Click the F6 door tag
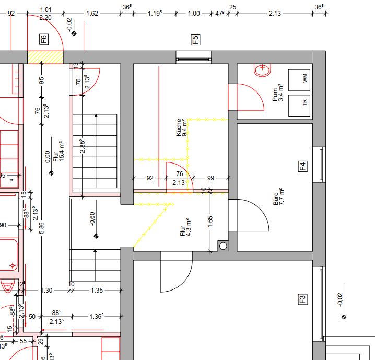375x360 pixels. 44,39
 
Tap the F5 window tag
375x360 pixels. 195,40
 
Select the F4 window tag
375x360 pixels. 302,166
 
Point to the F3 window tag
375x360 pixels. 302,299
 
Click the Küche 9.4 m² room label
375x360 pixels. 182,127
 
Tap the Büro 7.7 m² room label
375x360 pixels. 278,196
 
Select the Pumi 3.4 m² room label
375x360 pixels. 278,92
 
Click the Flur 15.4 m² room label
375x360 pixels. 58,152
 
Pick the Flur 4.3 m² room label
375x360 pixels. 185,227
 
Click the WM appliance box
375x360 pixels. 299,80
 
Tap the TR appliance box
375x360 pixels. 299,106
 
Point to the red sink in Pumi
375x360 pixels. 262,70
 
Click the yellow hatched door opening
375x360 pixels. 45,57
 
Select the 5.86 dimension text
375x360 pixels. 41,228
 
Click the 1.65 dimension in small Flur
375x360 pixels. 210,222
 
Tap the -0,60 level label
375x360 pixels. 92,218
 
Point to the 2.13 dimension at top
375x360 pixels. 275,14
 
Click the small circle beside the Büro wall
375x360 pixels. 223,246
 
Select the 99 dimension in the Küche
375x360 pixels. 210,178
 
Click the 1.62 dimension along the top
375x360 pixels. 92,14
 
